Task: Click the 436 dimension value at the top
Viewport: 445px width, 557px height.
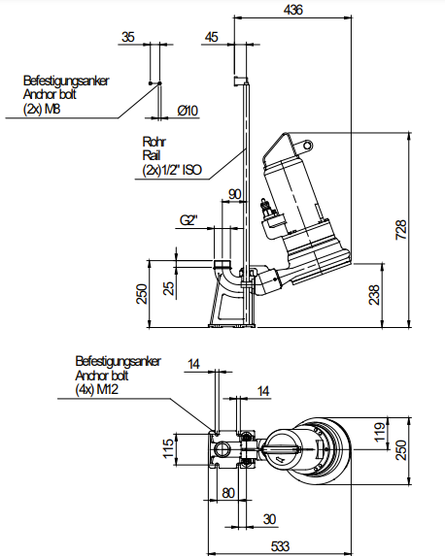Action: pyautogui.click(x=292, y=10)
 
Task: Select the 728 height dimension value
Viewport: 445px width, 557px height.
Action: pyautogui.click(x=401, y=230)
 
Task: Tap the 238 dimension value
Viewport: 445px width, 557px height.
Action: pyautogui.click(x=374, y=294)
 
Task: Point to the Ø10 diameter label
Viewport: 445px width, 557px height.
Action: pyautogui.click(x=188, y=111)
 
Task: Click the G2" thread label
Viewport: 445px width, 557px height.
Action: pyautogui.click(x=188, y=220)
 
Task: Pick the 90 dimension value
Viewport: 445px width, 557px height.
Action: pyautogui.click(x=234, y=194)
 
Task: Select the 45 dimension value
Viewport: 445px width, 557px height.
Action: pyautogui.click(x=212, y=37)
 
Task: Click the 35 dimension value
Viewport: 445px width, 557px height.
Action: pyautogui.click(x=128, y=37)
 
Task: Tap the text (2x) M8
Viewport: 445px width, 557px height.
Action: pyautogui.click(x=42, y=109)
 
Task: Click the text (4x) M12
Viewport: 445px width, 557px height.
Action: pyautogui.click(x=96, y=390)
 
